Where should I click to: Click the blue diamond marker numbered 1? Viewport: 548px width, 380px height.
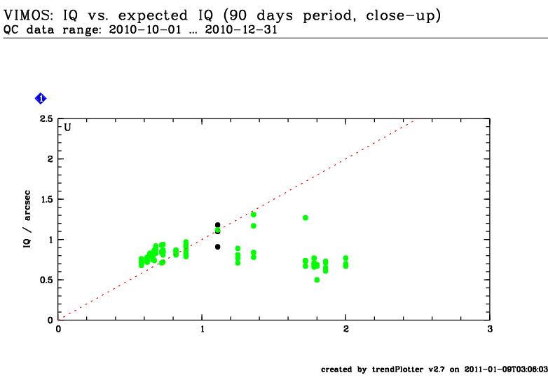(41, 99)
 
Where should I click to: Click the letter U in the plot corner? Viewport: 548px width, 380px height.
(67, 127)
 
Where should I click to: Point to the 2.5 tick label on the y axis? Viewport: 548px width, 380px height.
(46, 119)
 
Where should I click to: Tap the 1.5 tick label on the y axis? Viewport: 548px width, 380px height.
(47, 199)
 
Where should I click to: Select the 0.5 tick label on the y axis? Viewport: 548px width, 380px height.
(46, 280)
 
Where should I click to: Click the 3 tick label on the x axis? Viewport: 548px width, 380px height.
(490, 329)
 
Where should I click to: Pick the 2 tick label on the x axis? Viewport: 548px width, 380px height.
(346, 329)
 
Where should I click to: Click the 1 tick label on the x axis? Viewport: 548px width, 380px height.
(202, 329)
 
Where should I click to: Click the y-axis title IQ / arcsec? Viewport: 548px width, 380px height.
(27, 219)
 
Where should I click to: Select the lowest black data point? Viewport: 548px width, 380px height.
(218, 247)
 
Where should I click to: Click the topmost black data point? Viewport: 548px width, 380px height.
(218, 225)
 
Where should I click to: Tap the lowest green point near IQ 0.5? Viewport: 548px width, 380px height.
(317, 280)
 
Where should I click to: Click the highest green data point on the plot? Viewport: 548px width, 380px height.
(254, 215)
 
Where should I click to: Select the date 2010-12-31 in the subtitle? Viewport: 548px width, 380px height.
(241, 29)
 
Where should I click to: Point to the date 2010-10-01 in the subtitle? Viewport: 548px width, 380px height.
(145, 29)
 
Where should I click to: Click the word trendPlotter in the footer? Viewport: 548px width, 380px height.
(398, 369)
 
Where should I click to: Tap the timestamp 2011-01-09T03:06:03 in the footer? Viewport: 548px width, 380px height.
(506, 369)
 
